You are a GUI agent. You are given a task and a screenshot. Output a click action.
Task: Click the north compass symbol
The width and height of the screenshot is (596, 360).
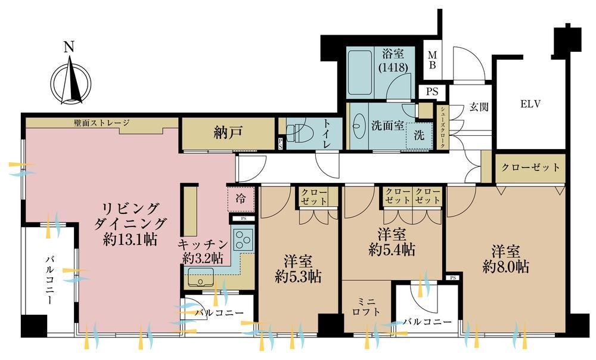(71, 80)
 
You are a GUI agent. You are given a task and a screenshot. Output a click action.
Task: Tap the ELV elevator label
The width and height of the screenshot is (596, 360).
(530, 104)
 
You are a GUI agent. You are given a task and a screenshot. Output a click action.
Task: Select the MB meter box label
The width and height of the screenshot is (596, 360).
(432, 60)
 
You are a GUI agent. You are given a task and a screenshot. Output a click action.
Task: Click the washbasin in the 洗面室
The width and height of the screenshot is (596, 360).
(358, 125)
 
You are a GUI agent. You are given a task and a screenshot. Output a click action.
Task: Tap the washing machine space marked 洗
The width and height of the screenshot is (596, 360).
(419, 135)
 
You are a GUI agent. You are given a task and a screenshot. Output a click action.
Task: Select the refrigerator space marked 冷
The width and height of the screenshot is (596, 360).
(240, 198)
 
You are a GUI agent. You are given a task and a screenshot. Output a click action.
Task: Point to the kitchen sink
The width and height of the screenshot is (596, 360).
(200, 277)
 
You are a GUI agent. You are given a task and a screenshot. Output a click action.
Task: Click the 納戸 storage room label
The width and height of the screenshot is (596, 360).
(228, 133)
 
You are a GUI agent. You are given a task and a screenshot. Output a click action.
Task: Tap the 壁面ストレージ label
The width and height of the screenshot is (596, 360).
(101, 123)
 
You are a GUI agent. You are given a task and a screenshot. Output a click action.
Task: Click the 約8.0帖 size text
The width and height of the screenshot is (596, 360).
(505, 266)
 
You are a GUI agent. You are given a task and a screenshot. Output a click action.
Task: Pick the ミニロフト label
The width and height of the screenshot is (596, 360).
(366, 307)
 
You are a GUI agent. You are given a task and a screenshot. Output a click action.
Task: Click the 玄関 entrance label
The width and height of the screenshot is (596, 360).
(478, 107)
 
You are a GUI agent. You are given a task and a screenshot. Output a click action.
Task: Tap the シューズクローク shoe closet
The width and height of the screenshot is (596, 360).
(443, 128)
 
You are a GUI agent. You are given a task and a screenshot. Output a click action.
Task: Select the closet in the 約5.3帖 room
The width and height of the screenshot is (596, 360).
(314, 197)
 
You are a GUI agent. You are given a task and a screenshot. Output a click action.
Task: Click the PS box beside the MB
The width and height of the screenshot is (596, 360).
(432, 92)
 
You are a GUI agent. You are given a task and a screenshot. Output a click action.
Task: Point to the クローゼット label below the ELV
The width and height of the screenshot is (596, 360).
(530, 167)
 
